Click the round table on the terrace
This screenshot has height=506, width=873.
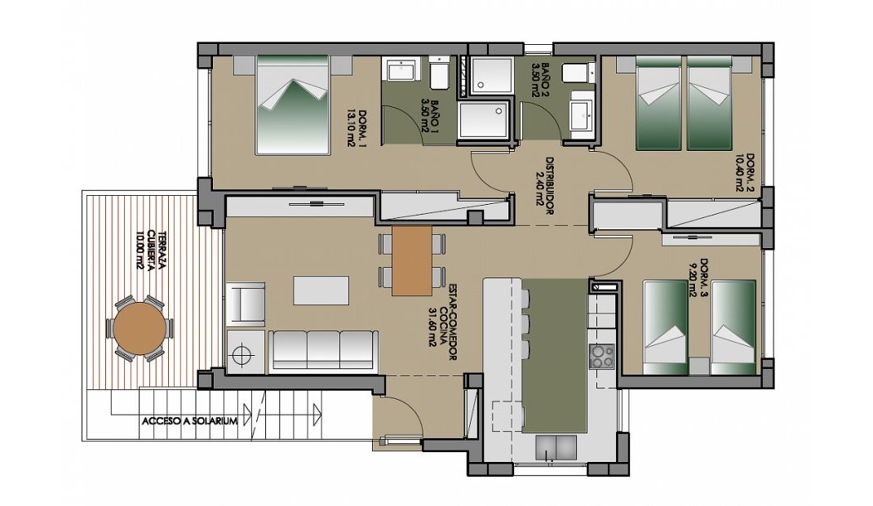(140, 328)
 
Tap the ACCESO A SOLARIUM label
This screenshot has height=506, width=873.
(189, 421)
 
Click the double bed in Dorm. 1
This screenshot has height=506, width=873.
(293, 104)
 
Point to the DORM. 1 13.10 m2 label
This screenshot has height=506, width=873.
(356, 129)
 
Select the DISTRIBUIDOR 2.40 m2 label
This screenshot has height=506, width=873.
(543, 186)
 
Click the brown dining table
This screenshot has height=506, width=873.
(412, 260)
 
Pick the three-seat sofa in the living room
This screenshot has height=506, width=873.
(324, 350)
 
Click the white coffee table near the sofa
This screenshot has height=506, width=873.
(321, 290)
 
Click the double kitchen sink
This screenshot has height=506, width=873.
(556, 446)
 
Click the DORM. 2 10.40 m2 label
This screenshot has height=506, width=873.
(744, 172)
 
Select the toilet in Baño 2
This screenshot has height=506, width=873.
(576, 73)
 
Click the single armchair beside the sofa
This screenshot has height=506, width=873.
(246, 304)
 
